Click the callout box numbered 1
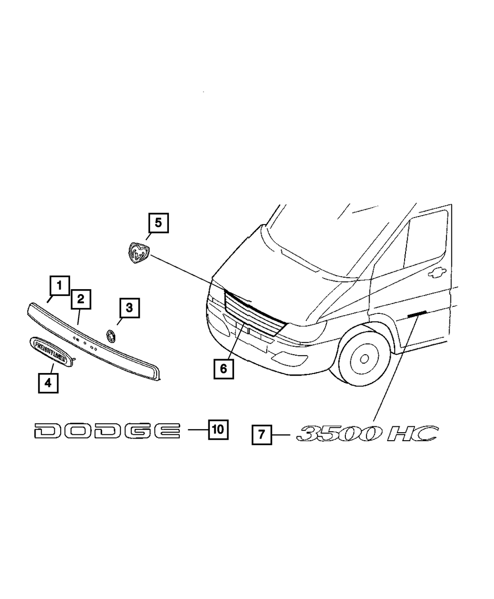click(59, 286)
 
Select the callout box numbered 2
click(80, 299)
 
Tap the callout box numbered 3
click(128, 308)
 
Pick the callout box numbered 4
click(48, 382)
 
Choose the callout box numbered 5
click(158, 223)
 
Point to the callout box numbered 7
click(261, 435)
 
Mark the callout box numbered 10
click(218, 429)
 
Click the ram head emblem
click(137, 253)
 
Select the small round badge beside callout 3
click(110, 336)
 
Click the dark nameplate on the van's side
click(416, 314)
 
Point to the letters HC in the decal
click(412, 434)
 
